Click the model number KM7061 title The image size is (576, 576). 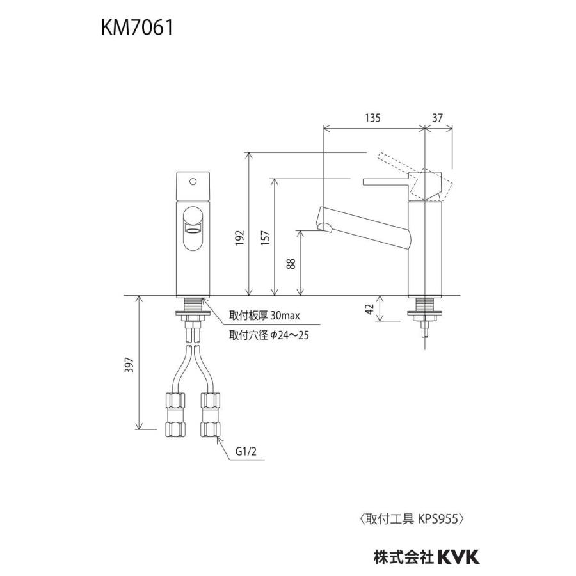pyautogui.click(x=136, y=29)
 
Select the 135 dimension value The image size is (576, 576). pyautogui.click(x=373, y=118)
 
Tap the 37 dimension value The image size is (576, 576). pyautogui.click(x=438, y=118)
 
